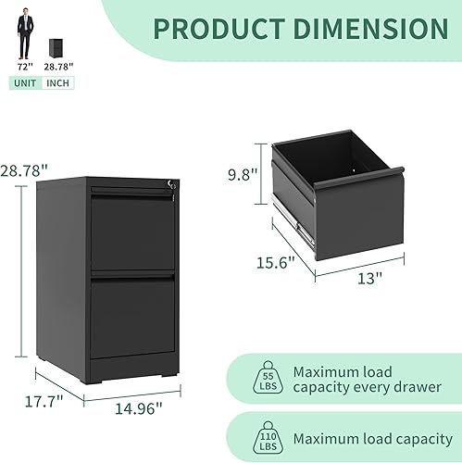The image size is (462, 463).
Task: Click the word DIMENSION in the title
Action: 371,28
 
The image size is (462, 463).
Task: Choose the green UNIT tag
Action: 24,83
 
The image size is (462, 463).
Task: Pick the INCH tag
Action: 57,83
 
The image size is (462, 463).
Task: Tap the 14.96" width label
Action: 138,406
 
